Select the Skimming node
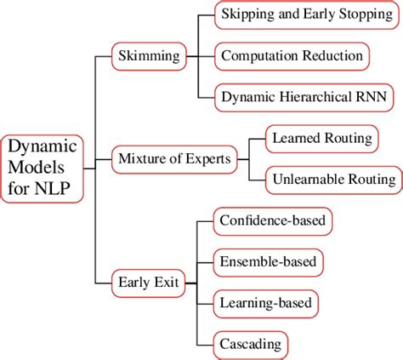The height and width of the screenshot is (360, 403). pyautogui.click(x=148, y=57)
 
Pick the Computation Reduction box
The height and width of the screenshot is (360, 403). pyautogui.click(x=292, y=57)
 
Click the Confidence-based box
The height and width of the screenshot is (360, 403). pyautogui.click(x=272, y=221)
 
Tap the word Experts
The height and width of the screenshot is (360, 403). pyautogui.click(x=210, y=157)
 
